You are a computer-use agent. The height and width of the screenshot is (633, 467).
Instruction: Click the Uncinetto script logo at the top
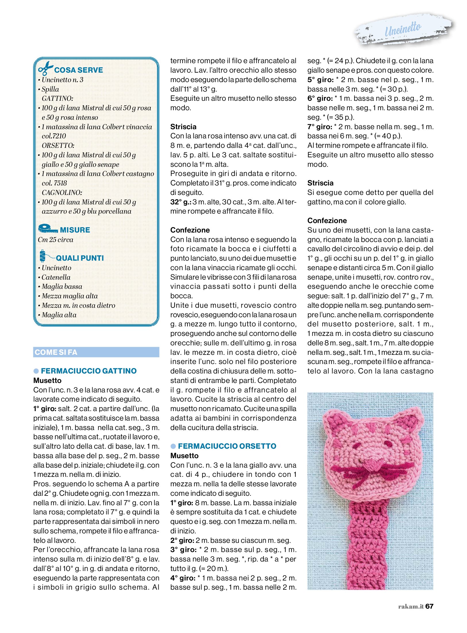pyautogui.click(x=403, y=30)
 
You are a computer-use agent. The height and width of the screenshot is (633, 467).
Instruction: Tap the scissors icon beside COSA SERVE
pyautogui.click(x=45, y=68)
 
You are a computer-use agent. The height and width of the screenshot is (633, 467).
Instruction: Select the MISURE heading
pyautogui.click(x=75, y=230)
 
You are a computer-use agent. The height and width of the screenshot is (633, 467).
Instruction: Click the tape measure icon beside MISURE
pyautogui.click(x=47, y=229)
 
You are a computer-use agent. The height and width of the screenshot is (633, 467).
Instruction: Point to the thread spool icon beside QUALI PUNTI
pyautogui.click(x=43, y=256)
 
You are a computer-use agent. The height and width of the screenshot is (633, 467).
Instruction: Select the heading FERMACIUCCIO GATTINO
pyautogui.click(x=89, y=371)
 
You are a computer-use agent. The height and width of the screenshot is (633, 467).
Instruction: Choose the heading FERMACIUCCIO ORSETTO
pyautogui.click(x=227, y=446)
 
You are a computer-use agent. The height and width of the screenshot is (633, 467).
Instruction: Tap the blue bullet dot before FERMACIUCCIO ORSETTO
pyautogui.click(x=173, y=446)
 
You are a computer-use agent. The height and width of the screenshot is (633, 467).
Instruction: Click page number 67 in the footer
pyautogui.click(x=429, y=606)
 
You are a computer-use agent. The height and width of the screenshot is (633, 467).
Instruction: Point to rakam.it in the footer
pyautogui.click(x=411, y=606)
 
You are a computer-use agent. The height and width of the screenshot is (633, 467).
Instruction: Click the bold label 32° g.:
pyautogui.click(x=181, y=202)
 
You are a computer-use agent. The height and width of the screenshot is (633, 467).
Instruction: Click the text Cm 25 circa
pyautogui.click(x=55, y=239)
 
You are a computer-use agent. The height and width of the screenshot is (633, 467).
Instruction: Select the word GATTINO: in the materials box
pyautogui.click(x=57, y=98)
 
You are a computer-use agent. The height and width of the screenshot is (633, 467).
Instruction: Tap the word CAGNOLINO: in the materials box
pyautogui.click(x=62, y=192)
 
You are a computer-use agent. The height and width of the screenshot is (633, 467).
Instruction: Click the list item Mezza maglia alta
pyautogui.click(x=70, y=296)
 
